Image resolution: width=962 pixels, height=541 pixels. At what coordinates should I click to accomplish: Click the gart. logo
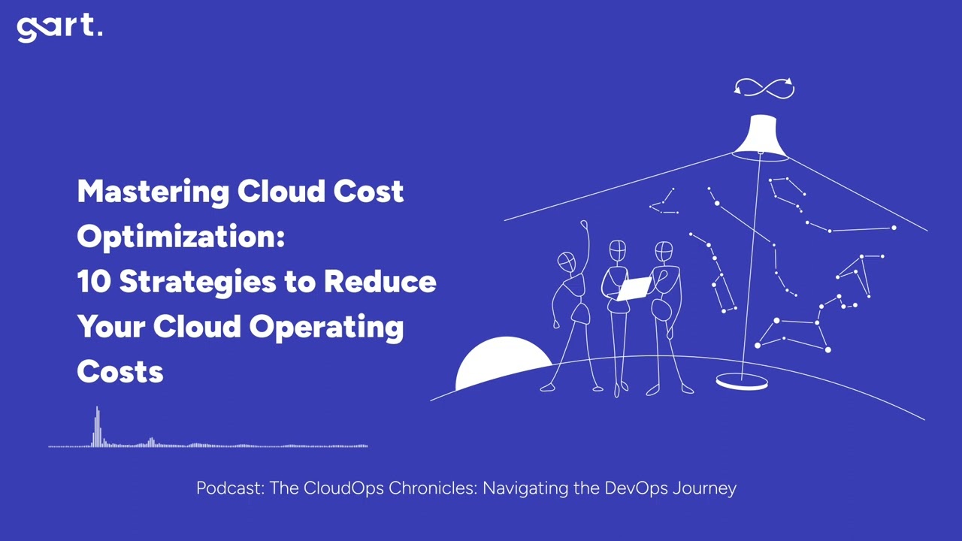59,28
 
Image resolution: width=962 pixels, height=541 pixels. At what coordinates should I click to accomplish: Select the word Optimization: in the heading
181,237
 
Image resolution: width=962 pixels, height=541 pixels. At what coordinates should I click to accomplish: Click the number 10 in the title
94,282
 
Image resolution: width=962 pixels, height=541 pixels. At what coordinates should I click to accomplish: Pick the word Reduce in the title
380,282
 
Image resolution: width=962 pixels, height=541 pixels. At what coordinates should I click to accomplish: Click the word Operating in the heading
326,327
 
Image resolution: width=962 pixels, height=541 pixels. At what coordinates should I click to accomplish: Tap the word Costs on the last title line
120,372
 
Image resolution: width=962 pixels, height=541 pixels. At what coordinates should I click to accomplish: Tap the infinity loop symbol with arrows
764,88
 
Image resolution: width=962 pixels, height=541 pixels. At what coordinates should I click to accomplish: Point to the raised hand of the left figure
584,223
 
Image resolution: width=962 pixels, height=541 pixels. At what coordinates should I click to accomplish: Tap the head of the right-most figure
664,251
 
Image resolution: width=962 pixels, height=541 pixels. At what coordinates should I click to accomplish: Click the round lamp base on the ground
742,383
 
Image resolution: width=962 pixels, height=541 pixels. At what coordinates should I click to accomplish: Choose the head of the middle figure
617,250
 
